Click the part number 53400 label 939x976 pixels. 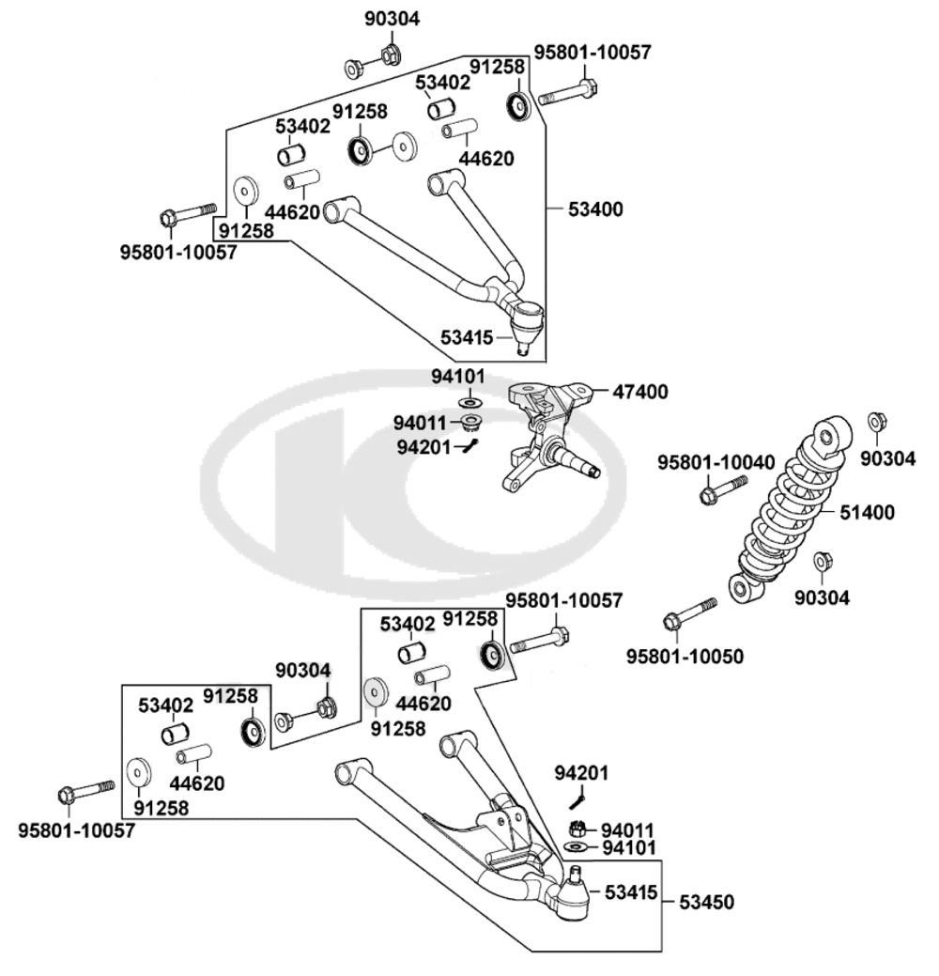click(595, 208)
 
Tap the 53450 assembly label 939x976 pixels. click(705, 903)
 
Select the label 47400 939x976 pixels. click(641, 392)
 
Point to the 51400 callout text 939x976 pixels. click(867, 513)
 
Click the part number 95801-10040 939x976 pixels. click(716, 463)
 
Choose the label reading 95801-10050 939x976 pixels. click(685, 656)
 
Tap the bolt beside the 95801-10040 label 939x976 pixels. click(722, 489)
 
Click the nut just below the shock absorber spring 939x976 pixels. click(821, 561)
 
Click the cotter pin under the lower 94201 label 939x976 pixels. click(577, 799)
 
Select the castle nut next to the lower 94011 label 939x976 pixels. click(578, 829)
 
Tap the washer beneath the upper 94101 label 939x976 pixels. click(469, 402)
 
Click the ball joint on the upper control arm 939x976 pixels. click(525, 319)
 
